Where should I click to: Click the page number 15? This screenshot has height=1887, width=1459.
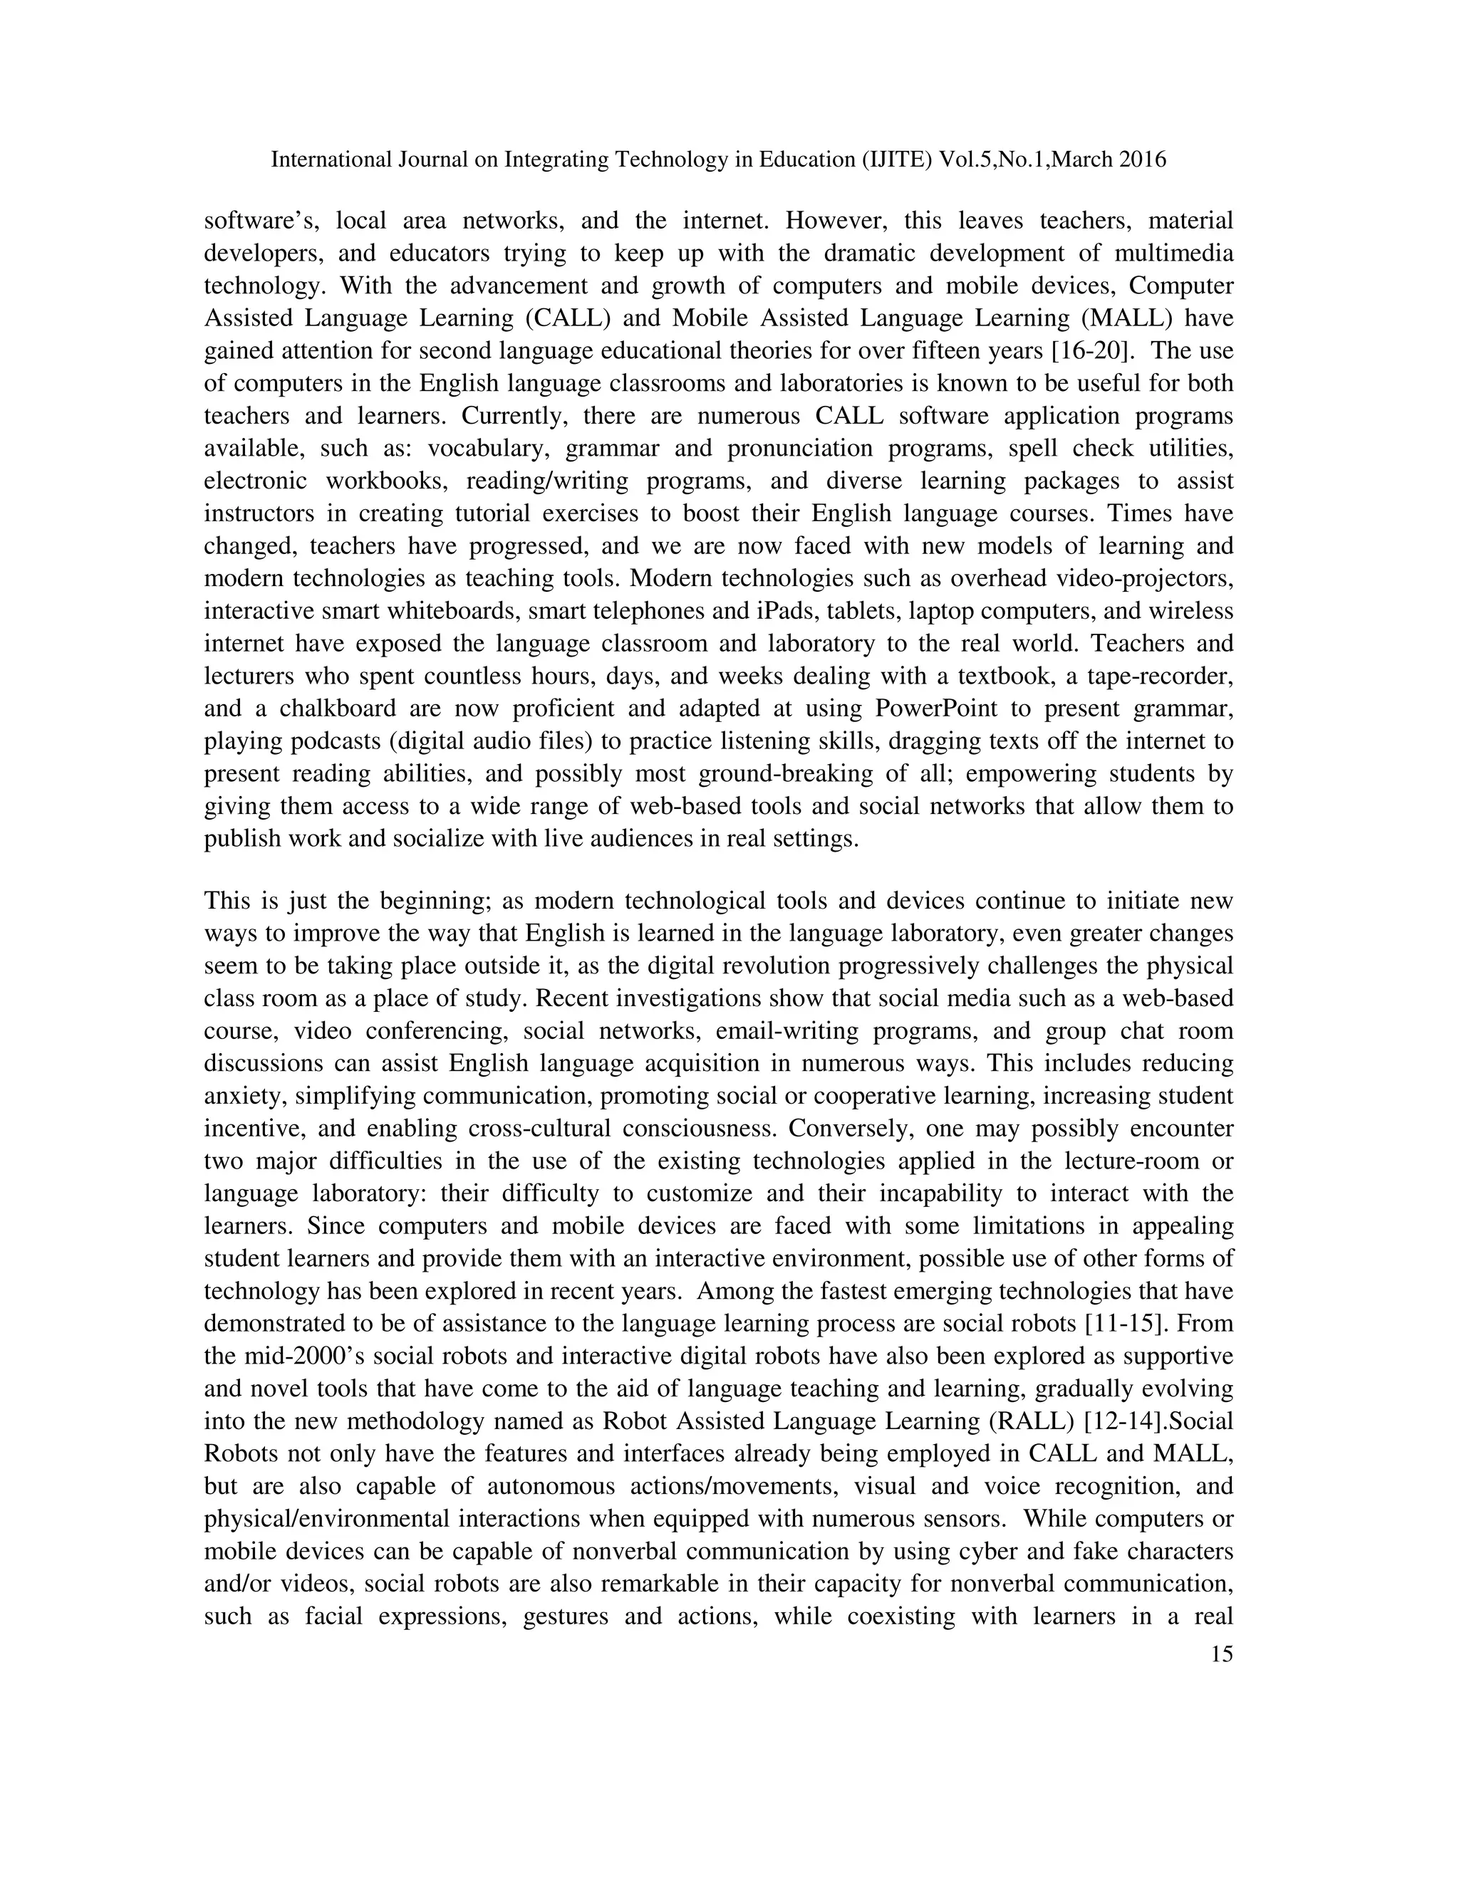pos(1221,1655)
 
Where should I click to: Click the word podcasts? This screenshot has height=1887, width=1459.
pos(333,741)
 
